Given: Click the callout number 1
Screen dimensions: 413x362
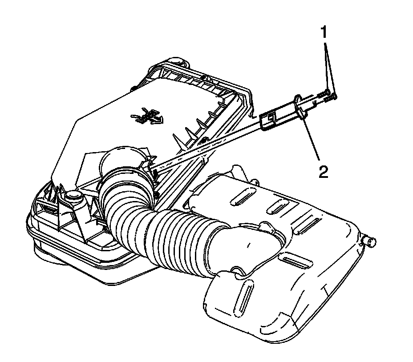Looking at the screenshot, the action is (324, 32).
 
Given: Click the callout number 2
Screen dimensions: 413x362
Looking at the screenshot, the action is (324, 172).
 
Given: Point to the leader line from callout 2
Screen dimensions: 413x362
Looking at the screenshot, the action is (311, 138).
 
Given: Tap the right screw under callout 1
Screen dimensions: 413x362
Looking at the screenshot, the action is (331, 97).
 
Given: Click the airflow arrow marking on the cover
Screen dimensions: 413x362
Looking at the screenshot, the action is (147, 116).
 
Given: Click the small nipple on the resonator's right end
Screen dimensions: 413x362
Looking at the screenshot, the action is (370, 241).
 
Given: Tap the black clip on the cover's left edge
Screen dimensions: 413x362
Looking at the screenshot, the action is (134, 88).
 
